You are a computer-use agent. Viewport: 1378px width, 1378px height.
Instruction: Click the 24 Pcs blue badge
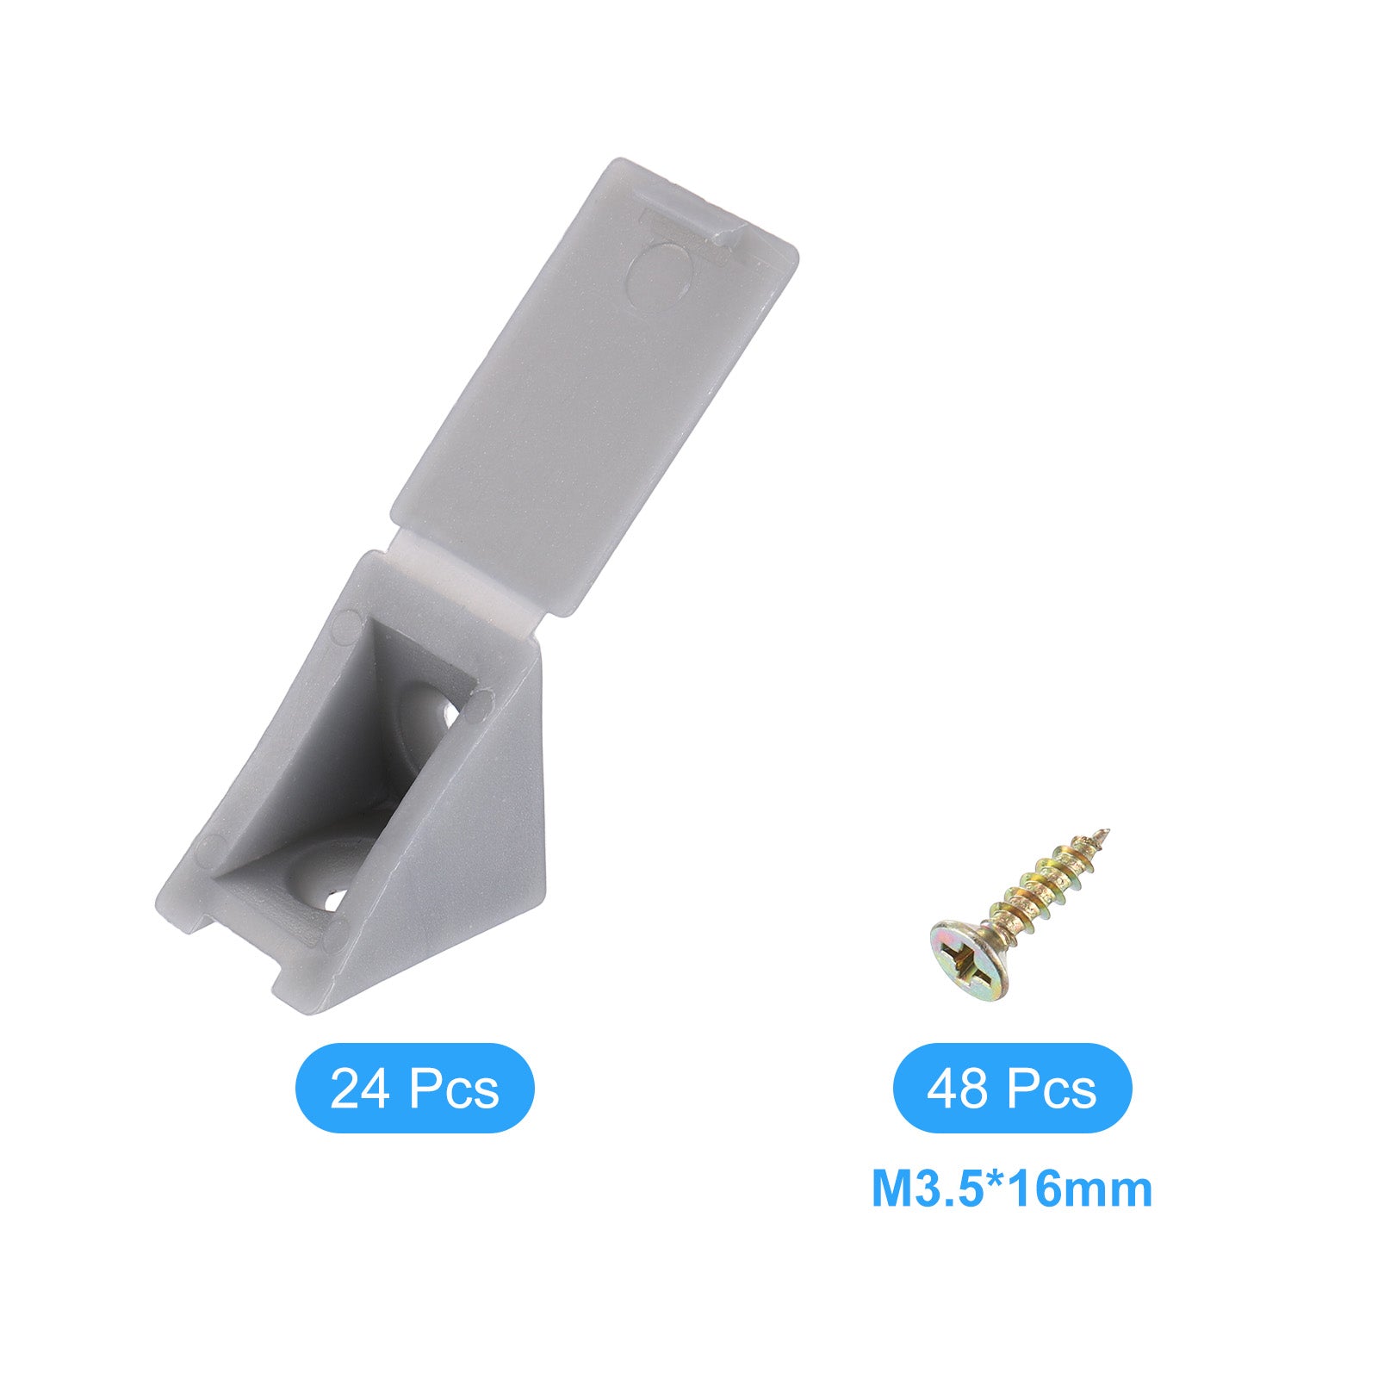(x=414, y=1088)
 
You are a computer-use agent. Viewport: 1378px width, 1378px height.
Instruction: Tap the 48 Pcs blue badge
(x=1012, y=1088)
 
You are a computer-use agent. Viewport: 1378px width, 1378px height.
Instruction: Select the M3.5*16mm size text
(x=1012, y=1189)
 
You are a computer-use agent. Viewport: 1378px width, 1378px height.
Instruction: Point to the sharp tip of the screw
(x=1107, y=831)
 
